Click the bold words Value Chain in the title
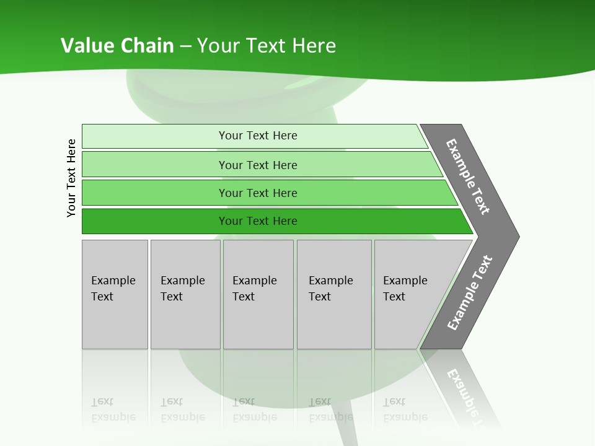tap(117, 46)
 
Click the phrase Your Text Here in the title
tap(267, 46)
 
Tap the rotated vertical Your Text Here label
tap(71, 178)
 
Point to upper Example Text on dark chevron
tap(468, 177)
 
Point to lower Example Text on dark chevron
tap(470, 292)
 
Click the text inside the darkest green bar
tap(258, 221)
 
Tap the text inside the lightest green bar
tap(258, 136)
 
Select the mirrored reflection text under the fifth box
tap(405, 409)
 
